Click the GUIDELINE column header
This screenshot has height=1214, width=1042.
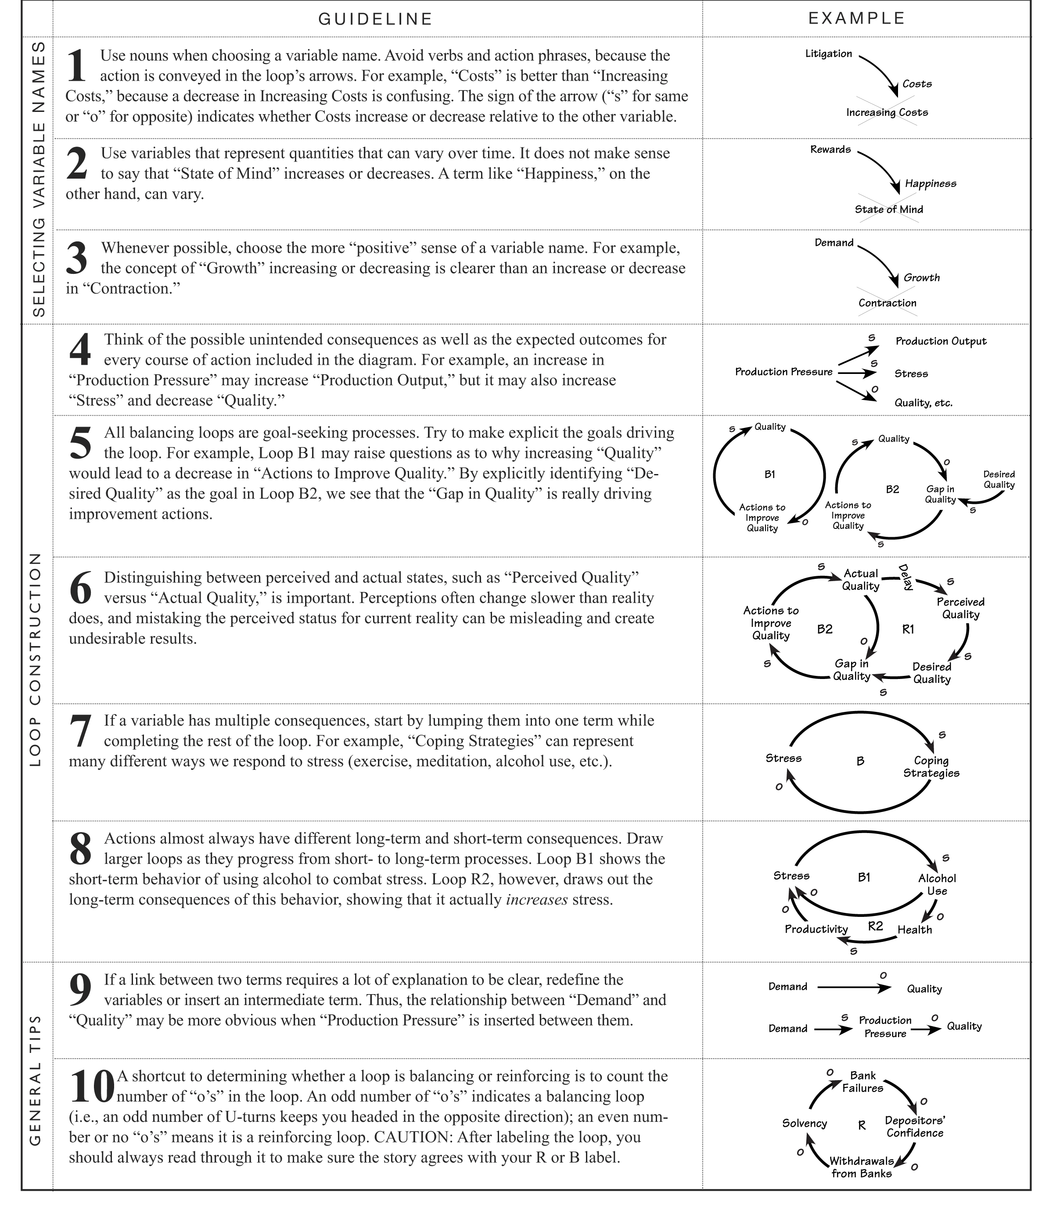tap(375, 19)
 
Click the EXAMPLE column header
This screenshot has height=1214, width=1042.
tap(856, 18)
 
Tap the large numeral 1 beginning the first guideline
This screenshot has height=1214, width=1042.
tap(77, 66)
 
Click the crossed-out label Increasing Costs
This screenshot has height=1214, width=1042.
tap(887, 112)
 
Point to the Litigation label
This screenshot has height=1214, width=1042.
tap(828, 54)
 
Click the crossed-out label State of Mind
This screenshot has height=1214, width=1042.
tap(888, 209)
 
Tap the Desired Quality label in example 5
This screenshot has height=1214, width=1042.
tap(999, 479)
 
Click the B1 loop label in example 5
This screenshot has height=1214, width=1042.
tap(769, 474)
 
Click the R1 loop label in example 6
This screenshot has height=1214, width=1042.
tap(908, 630)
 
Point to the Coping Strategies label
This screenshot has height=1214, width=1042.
tap(931, 766)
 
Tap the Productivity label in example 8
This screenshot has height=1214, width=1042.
tap(816, 929)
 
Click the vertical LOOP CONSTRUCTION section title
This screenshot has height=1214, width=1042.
tap(36, 659)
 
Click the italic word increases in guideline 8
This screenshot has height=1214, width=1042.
tap(536, 899)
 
